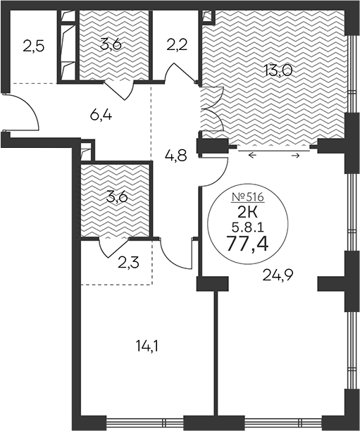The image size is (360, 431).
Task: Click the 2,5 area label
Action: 33,47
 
